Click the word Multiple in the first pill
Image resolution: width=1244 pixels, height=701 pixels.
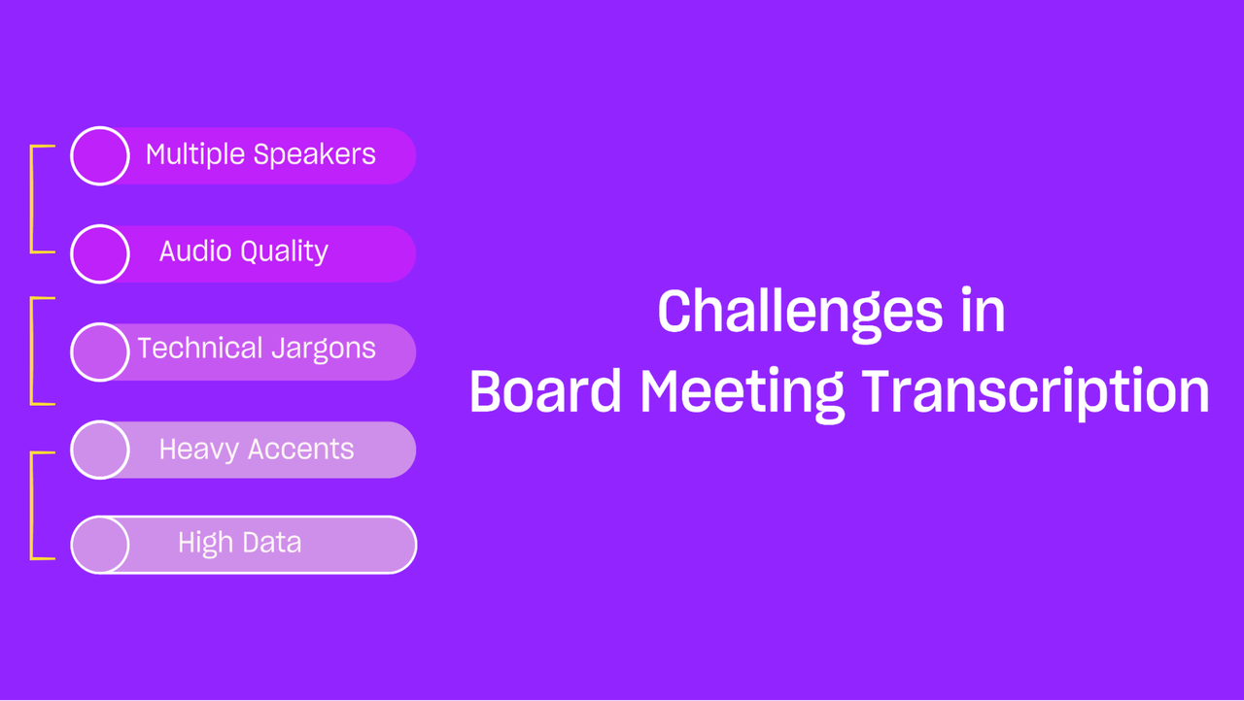point(195,154)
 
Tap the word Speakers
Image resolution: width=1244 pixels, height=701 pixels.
point(314,154)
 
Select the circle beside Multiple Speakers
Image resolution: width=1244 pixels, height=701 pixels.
point(100,156)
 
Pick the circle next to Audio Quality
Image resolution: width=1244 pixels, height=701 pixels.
point(100,254)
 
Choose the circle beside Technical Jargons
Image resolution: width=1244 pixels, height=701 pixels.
point(100,352)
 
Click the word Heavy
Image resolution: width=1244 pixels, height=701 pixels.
point(199,450)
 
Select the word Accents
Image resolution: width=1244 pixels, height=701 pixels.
point(301,449)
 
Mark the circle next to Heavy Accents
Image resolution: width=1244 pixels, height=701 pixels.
point(100,450)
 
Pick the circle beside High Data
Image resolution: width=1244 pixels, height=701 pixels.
point(100,545)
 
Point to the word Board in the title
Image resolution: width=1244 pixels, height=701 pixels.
point(545,390)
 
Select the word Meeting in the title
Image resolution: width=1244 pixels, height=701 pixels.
point(743,394)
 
